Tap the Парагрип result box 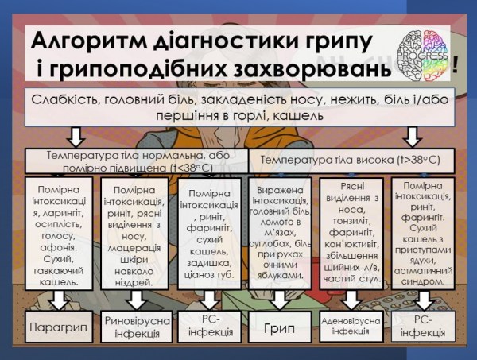[x=52, y=327]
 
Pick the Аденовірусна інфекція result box [x=352, y=326]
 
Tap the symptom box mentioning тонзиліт [x=353, y=231]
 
